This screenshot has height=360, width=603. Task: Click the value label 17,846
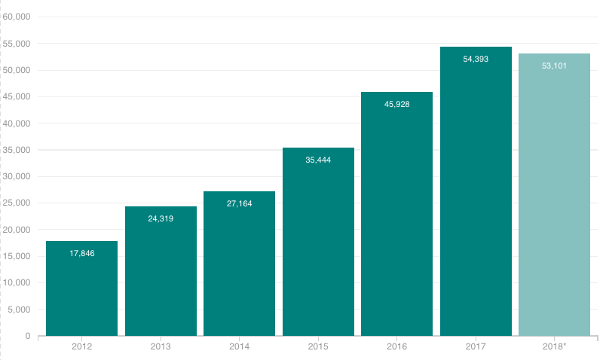[x=81, y=253]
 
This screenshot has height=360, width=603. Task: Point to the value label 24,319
[x=161, y=219]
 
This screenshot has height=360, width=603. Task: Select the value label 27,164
[x=239, y=204]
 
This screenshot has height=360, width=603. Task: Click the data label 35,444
[x=318, y=160]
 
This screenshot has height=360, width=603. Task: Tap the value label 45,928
[x=396, y=104]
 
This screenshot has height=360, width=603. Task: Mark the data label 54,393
[x=476, y=59]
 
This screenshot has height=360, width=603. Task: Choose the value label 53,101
[x=554, y=66]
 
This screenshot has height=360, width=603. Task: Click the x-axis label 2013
[x=161, y=346]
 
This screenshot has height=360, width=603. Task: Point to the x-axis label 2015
[x=318, y=346]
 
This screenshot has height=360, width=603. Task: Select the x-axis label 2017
[x=476, y=346]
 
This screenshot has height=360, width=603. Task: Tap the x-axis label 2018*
[x=555, y=346]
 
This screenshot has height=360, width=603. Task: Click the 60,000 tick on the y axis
[x=17, y=17]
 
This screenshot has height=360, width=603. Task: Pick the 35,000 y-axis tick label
[x=17, y=150]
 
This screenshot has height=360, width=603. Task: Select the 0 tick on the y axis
[x=27, y=336]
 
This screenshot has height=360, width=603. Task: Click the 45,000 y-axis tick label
[x=17, y=96]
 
